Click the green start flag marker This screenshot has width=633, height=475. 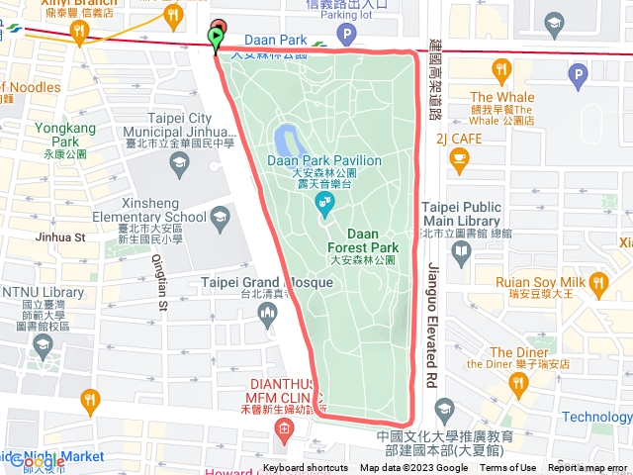217,38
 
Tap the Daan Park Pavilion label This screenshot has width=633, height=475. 324,160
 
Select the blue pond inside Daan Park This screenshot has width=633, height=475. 288,138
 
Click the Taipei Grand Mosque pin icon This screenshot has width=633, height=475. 266,316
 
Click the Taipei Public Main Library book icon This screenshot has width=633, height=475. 461,249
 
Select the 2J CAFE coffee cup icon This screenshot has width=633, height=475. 458,157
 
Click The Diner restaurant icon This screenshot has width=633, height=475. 517,382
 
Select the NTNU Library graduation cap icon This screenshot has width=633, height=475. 43,344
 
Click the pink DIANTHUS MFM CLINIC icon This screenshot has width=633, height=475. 285,428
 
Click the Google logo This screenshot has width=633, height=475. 38,461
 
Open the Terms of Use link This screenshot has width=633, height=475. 508,468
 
